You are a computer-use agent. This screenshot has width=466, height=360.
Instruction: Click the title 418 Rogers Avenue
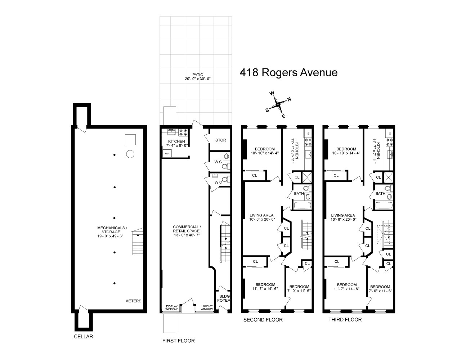(288, 73)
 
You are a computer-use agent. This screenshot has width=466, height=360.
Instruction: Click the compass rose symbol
(278, 104)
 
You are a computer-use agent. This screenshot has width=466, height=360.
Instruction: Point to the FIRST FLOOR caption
(179, 341)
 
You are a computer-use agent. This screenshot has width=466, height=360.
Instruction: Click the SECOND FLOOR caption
(263, 320)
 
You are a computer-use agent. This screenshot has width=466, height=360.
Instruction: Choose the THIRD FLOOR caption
(345, 320)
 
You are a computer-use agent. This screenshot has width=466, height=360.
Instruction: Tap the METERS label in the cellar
(133, 301)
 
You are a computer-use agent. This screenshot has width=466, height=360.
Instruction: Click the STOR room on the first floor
(220, 140)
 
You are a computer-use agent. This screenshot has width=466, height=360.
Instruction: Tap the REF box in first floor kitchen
(167, 153)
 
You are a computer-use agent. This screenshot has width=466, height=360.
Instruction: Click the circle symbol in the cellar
(130, 154)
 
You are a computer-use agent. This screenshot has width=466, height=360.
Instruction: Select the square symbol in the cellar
(130, 139)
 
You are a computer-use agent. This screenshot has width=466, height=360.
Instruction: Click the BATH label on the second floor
(299, 194)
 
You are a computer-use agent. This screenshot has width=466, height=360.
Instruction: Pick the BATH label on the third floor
(380, 194)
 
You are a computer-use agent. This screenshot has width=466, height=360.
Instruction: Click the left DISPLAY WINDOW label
(171, 307)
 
